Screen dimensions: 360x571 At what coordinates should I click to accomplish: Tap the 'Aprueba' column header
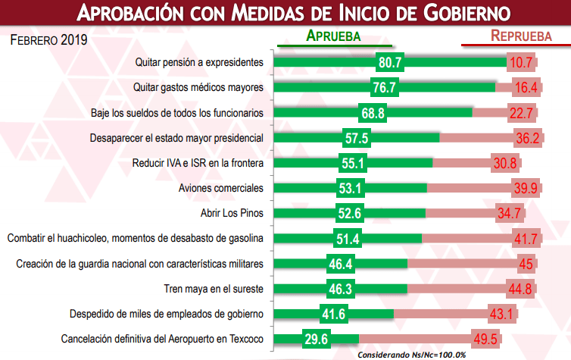tap(332, 36)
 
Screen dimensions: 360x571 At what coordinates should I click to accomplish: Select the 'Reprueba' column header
tap(520, 36)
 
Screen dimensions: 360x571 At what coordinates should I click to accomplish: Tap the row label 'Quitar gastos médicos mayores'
tap(198, 88)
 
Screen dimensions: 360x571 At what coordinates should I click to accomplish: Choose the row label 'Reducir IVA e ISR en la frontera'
tap(198, 163)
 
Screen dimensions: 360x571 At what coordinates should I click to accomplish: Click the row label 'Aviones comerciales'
tap(220, 188)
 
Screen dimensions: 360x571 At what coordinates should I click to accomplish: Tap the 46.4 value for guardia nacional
tap(343, 264)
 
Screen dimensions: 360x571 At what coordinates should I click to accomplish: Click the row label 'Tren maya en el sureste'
tap(214, 289)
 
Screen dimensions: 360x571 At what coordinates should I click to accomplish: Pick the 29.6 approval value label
tap(310, 339)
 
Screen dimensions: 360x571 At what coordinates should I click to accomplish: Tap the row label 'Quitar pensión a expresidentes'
tap(198, 63)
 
